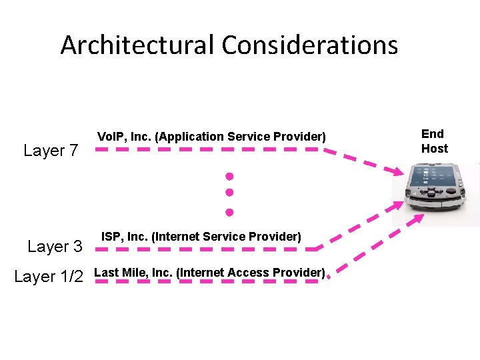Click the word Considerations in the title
coord(310,45)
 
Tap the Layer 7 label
coord(51,151)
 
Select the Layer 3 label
coord(55,247)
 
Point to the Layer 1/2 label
coord(49,277)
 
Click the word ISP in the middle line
coord(110,237)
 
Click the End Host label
coord(433,141)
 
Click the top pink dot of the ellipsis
coord(229,177)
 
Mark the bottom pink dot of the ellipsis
coord(229,213)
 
